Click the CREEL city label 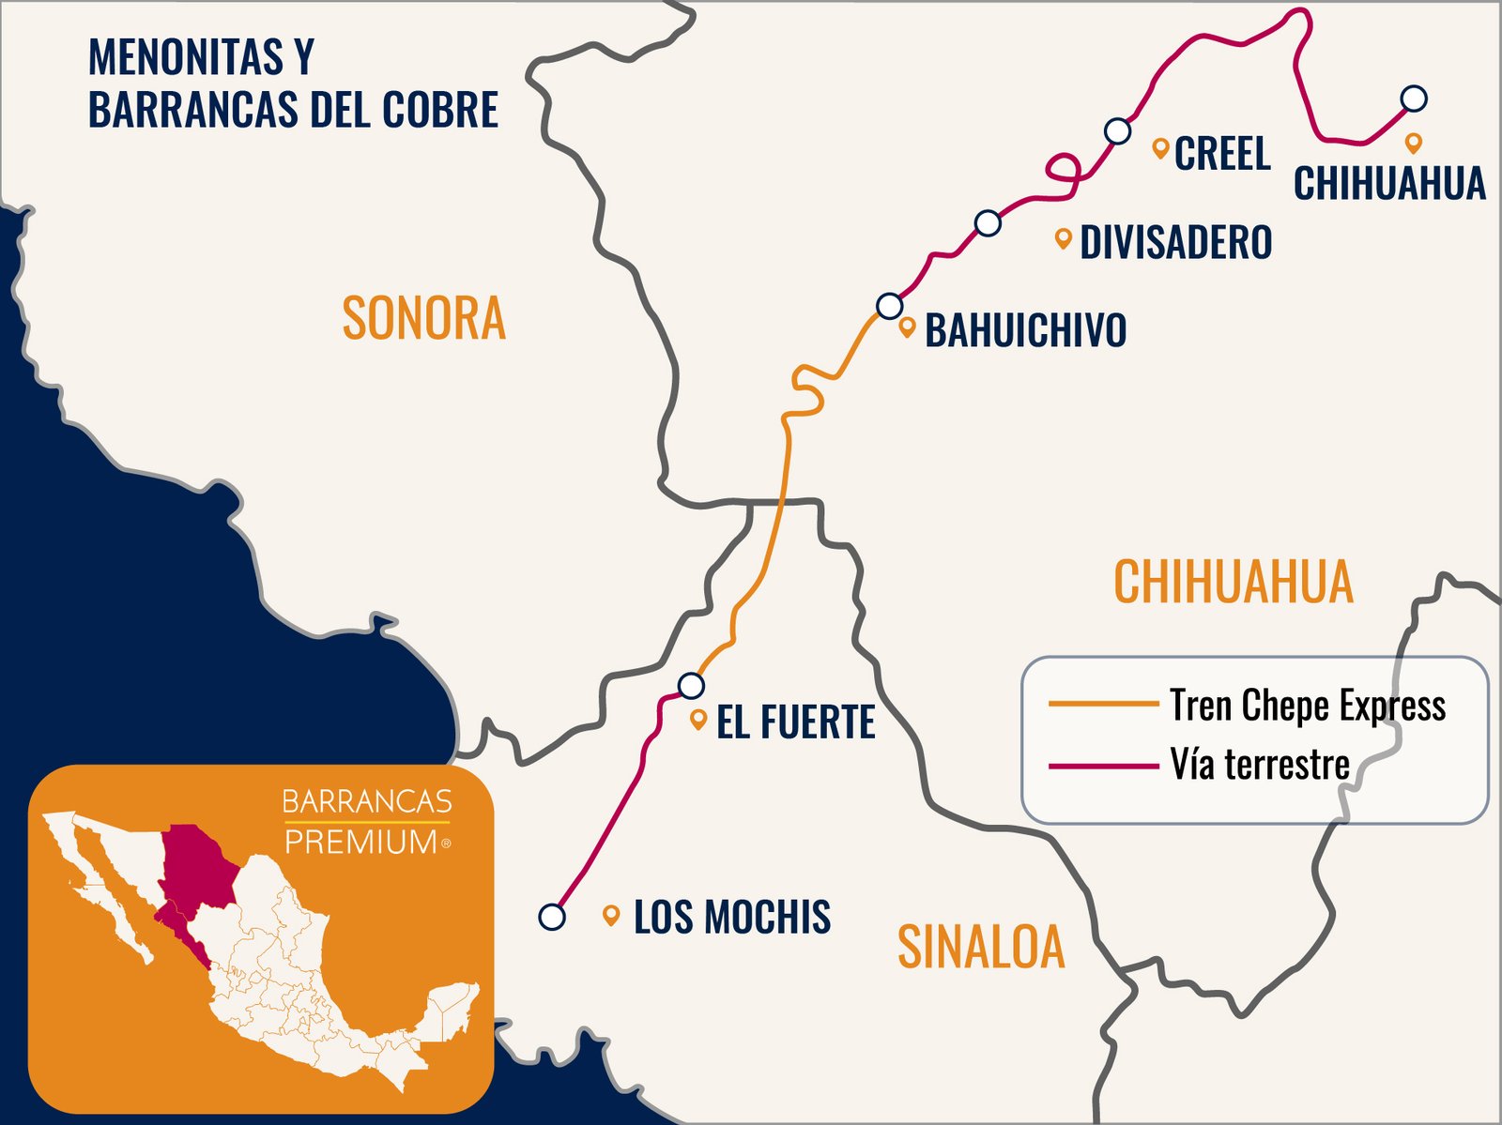(1222, 153)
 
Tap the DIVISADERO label (1175, 242)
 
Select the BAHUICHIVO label (1025, 330)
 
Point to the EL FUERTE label (795, 722)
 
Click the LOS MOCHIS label (731, 917)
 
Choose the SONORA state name (423, 319)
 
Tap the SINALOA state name (981, 947)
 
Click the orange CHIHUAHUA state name (1233, 582)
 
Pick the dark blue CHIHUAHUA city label (1389, 183)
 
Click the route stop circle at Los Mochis (552, 917)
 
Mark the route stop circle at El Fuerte (691, 686)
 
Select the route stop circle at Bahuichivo (889, 306)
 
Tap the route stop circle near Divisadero (988, 223)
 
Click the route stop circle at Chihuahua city (1414, 98)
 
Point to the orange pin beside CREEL (1160, 147)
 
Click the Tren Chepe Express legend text (1307, 705)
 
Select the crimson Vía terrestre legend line (1103, 766)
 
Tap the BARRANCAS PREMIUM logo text (367, 822)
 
